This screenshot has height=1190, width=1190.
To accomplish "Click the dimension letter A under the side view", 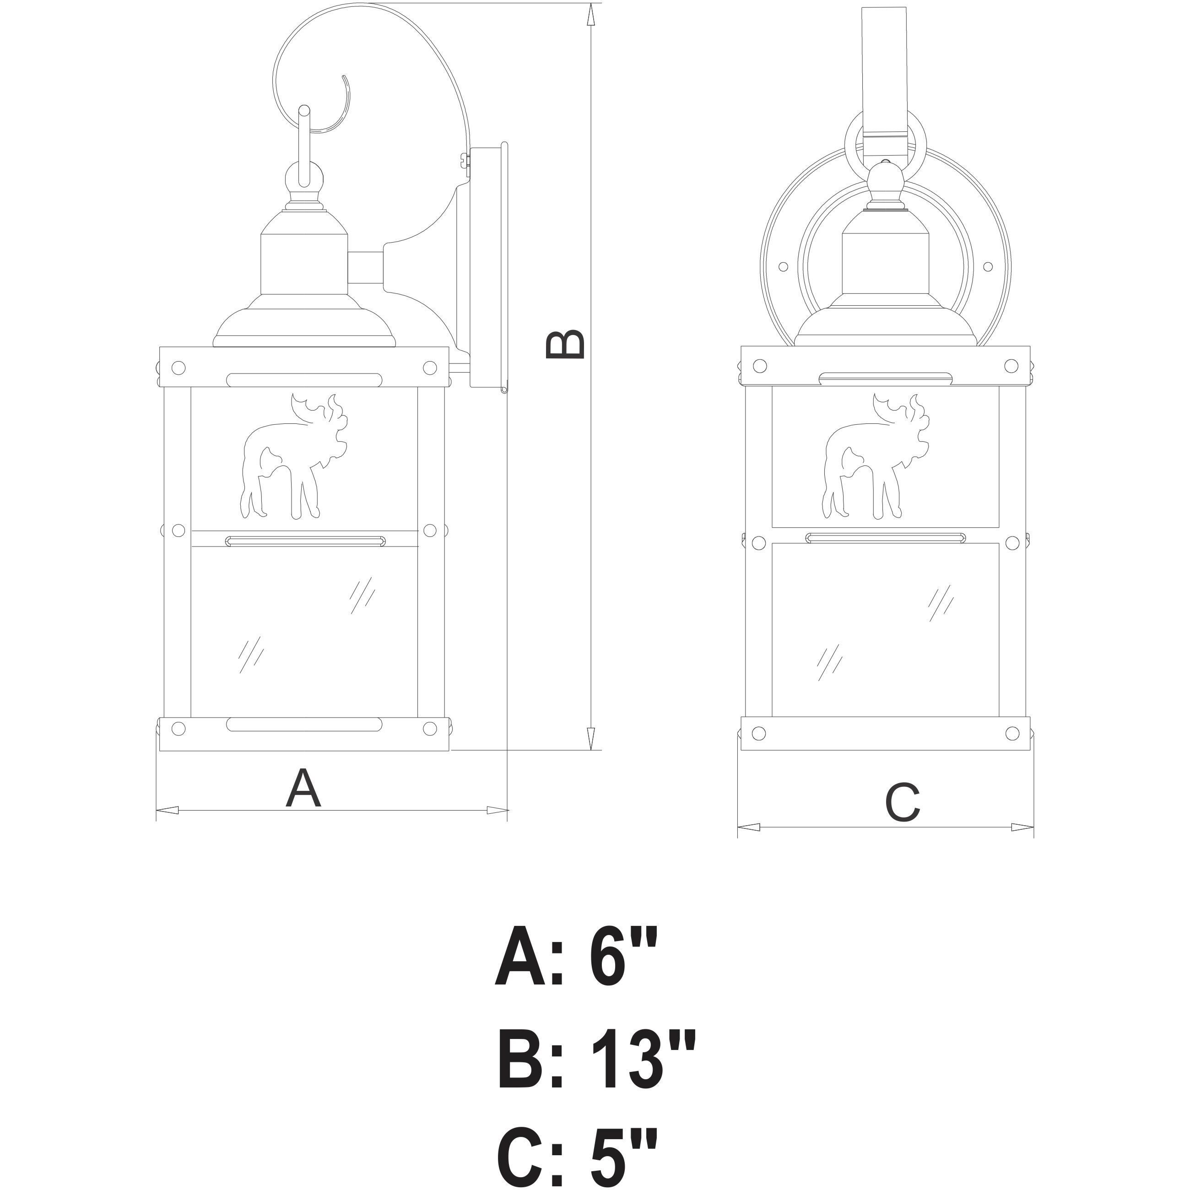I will click(303, 789).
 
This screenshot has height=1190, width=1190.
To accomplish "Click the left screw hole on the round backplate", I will click(784, 267).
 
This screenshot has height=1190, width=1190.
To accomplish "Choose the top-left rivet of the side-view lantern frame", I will click(178, 368).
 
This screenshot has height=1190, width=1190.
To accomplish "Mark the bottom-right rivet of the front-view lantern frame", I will click(1012, 733).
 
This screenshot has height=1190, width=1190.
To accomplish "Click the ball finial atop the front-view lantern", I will click(885, 182).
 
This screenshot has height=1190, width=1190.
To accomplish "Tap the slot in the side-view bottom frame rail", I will click(304, 725).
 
